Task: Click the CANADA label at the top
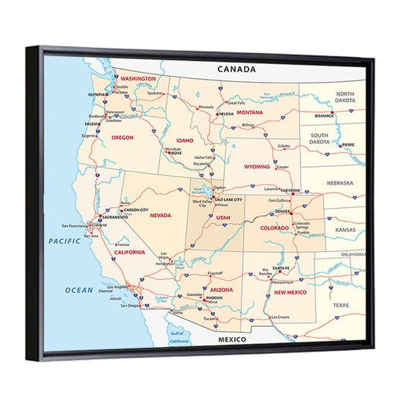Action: [x=236, y=69]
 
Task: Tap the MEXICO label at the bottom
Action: [x=231, y=340]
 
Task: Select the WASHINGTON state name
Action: [x=139, y=79]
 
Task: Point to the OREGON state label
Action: [x=122, y=137]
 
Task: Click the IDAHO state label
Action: [x=185, y=140]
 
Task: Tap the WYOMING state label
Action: [x=257, y=166]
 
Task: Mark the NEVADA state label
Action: [x=160, y=215]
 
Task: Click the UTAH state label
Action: [x=223, y=218]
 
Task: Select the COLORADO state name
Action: [x=274, y=228]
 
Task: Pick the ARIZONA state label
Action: [x=221, y=289]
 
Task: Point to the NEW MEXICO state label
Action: [x=291, y=293]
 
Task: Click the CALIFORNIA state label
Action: [x=130, y=252]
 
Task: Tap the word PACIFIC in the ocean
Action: [x=65, y=240]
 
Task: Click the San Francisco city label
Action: [x=76, y=226]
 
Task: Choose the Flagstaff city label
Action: [x=216, y=273]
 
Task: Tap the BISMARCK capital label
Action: [x=324, y=115]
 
